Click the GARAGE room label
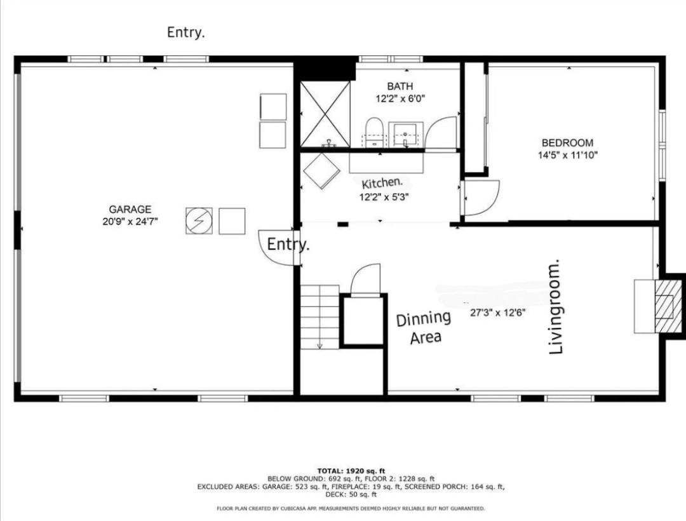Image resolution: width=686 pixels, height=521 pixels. pyautogui.click(x=130, y=209)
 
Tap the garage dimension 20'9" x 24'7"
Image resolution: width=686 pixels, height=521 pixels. pyautogui.click(x=130, y=221)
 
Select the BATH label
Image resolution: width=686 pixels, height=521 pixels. pyautogui.click(x=400, y=86)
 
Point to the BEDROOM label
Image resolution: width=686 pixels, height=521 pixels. pyautogui.click(x=567, y=143)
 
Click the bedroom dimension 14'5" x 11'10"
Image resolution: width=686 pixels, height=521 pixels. pyautogui.click(x=567, y=154)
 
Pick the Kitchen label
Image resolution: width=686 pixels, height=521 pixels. pyautogui.click(x=382, y=184)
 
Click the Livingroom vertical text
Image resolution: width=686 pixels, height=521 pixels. pyautogui.click(x=556, y=306)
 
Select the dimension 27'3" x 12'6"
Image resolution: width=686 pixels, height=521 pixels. pyautogui.click(x=497, y=313)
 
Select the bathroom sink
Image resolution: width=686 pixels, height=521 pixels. pyautogui.click(x=405, y=133)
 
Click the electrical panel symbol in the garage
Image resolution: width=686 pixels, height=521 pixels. pyautogui.click(x=199, y=221)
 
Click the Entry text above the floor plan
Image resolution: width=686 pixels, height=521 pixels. pyautogui.click(x=185, y=32)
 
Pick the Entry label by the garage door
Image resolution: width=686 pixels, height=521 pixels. pyautogui.click(x=288, y=244)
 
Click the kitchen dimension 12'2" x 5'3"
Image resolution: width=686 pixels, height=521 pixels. pyautogui.click(x=383, y=197)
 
